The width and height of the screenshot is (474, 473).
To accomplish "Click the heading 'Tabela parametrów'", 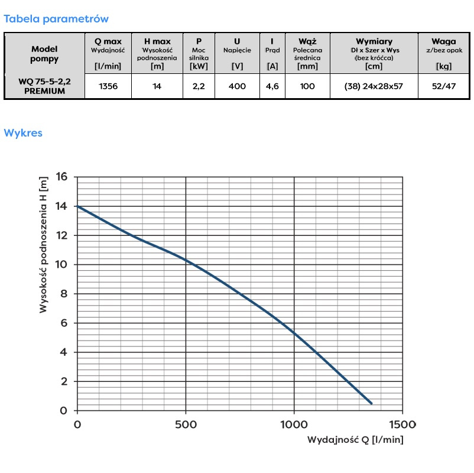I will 56,19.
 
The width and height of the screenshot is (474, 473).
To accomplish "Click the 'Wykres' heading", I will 23,133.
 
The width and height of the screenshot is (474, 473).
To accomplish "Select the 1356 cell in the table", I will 108,86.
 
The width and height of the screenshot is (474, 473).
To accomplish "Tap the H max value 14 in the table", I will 157,86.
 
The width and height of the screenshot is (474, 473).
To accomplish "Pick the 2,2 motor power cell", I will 199,86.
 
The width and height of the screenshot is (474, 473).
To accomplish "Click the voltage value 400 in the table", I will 237,86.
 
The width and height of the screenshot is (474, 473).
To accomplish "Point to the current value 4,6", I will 272,86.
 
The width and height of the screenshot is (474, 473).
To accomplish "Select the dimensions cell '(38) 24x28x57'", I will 374,86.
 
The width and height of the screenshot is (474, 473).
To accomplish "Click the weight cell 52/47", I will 443,86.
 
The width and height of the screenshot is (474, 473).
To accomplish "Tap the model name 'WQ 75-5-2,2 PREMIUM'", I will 44,86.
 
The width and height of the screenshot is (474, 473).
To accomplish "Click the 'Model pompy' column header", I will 44,54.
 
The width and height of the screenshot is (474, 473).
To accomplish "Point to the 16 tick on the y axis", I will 62,177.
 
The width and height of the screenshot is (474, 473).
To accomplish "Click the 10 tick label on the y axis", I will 62,264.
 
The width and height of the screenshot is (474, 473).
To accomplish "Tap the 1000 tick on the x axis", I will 294,425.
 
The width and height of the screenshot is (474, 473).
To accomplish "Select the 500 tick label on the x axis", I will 186,425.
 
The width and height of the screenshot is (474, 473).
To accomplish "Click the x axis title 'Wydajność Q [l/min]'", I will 355,440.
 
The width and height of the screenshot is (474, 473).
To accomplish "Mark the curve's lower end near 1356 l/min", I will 371,403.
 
